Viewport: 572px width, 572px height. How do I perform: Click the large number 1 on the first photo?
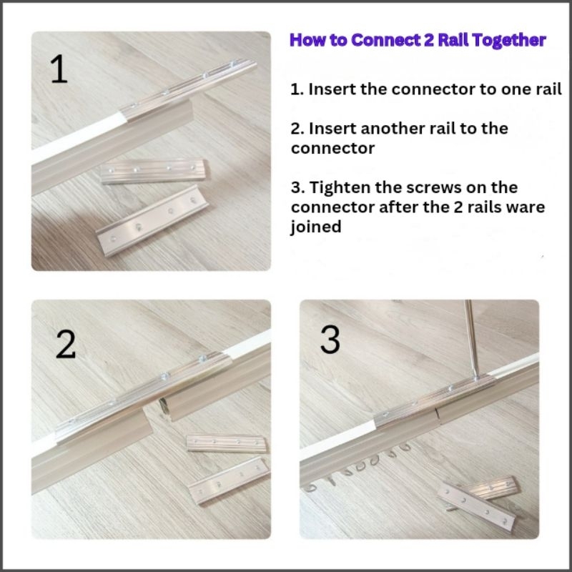coord(59,69)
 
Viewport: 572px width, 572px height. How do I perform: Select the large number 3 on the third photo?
coord(330,339)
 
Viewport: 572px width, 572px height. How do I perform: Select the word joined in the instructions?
coord(316,227)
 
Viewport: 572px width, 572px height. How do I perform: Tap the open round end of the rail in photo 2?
coord(165,407)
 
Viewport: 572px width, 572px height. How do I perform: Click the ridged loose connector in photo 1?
coord(154,171)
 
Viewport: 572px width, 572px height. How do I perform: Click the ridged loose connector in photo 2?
coord(227,443)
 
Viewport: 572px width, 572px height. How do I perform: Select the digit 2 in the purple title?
coord(428,40)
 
